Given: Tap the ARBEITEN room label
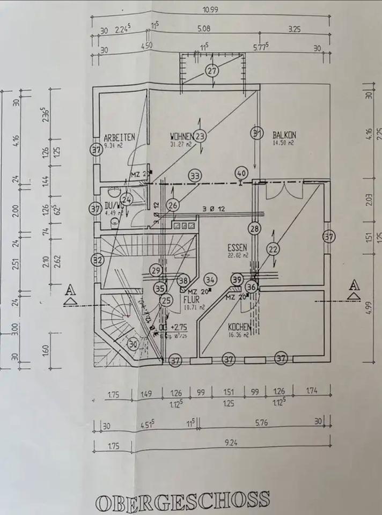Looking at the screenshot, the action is point(119,137).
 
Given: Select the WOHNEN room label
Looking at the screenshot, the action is point(182,136).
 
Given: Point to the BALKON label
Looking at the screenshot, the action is point(284,135).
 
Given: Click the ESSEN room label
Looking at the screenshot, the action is point(237,248).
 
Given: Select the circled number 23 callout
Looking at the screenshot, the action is point(201,136).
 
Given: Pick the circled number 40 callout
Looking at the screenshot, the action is point(241,173).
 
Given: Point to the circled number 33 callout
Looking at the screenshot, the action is point(195,175).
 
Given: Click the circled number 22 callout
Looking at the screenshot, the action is point(274,248).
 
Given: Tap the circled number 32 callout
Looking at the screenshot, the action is point(97,261).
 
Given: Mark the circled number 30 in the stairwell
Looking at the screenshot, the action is point(133,344).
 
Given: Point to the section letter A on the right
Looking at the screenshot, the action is point(354,285).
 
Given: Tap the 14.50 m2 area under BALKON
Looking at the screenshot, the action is point(284,143).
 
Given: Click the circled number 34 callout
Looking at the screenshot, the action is point(210,279).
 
